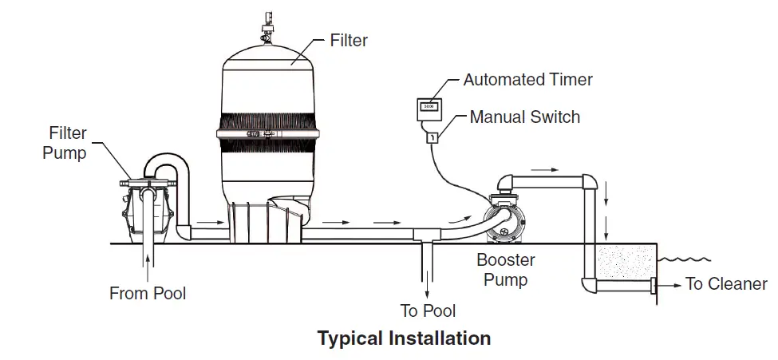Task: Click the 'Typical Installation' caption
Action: pyautogui.click(x=404, y=338)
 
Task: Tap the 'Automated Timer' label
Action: pyautogui.click(x=528, y=80)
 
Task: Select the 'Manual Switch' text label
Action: pyautogui.click(x=525, y=117)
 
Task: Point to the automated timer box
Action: pyautogui.click(x=429, y=109)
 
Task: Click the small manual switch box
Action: pyautogui.click(x=432, y=137)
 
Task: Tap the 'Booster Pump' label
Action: pyautogui.click(x=506, y=270)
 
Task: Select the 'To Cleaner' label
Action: pyautogui.click(x=726, y=283)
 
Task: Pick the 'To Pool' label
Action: pyautogui.click(x=428, y=311)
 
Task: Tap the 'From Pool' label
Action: pyautogui.click(x=148, y=293)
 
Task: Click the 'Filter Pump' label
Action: pyautogui.click(x=65, y=143)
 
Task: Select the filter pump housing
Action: pyautogui.click(x=148, y=211)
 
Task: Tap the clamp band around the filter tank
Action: pyautogui.click(x=268, y=133)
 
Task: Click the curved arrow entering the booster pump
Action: pyautogui.click(x=459, y=219)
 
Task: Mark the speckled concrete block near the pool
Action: pyautogui.click(x=626, y=262)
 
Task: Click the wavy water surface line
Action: pyautogui.click(x=684, y=259)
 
